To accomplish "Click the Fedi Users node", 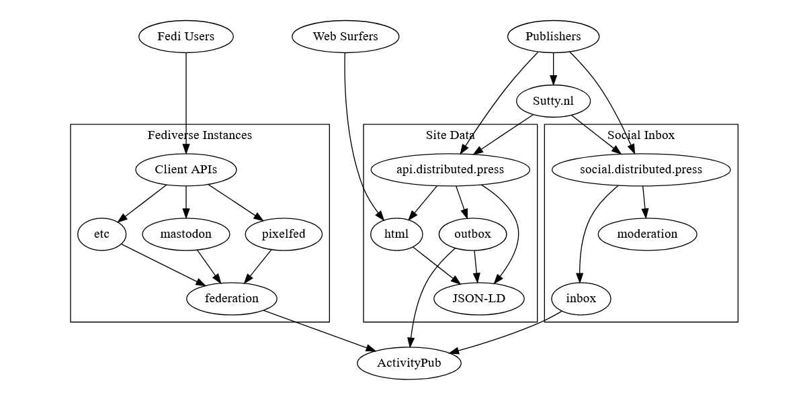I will pyautogui.click(x=186, y=36).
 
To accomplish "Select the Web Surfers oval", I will pyautogui.click(x=345, y=36).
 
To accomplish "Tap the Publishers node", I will pyautogui.click(x=553, y=36).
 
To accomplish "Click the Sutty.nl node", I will pyautogui.click(x=553, y=102).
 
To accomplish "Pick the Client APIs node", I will pyautogui.click(x=186, y=169).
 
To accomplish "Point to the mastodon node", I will pyautogui.click(x=186, y=234).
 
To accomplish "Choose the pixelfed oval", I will pyautogui.click(x=284, y=234).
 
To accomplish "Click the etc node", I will pyautogui.click(x=102, y=234).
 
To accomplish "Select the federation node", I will pyautogui.click(x=231, y=298).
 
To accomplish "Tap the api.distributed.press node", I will pyautogui.click(x=450, y=169).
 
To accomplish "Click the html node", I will pyautogui.click(x=396, y=234).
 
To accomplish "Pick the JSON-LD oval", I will pyautogui.click(x=479, y=298).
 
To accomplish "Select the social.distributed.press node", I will pyautogui.click(x=640, y=169).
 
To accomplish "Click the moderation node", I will pyautogui.click(x=647, y=234).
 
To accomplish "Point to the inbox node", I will pyautogui.click(x=581, y=298).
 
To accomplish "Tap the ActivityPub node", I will pyautogui.click(x=409, y=363).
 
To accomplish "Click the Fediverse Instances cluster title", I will pyautogui.click(x=200, y=135).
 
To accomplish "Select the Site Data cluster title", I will pyautogui.click(x=450, y=135).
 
